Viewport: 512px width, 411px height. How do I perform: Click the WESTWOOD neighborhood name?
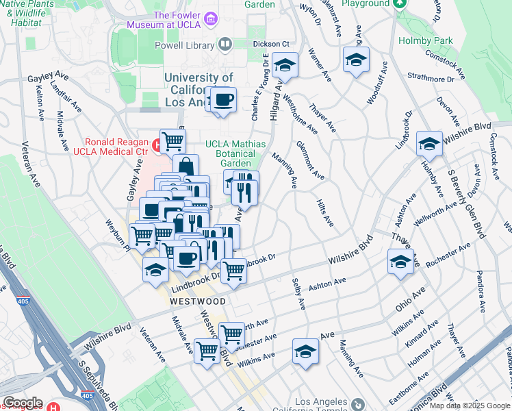coord(198,301)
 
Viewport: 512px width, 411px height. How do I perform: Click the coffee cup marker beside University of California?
coord(223,101)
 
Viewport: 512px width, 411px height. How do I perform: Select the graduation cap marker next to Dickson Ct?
coord(285,66)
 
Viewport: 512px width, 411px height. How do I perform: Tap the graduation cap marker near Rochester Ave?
coord(400,262)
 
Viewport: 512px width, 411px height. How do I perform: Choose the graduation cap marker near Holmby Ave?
coord(429,144)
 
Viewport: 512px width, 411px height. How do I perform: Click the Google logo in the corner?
coord(22,403)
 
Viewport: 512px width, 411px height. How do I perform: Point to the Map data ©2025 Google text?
coord(470,406)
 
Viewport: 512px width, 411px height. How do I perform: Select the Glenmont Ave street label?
coord(309,160)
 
